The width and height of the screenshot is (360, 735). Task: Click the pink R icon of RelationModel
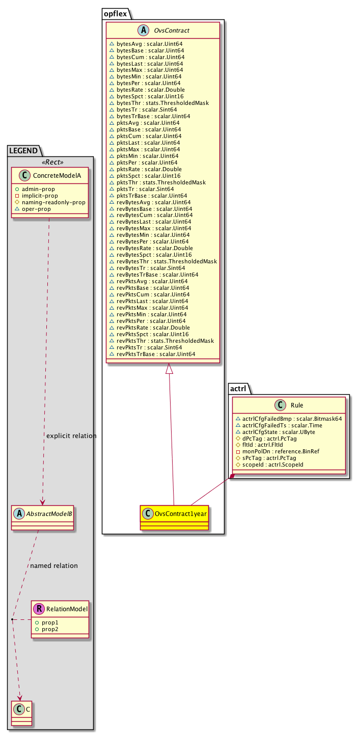(38, 608)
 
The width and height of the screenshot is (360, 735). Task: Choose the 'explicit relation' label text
(71, 436)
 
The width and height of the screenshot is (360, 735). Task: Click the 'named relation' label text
(54, 566)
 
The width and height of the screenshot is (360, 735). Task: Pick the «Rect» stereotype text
(50, 163)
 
